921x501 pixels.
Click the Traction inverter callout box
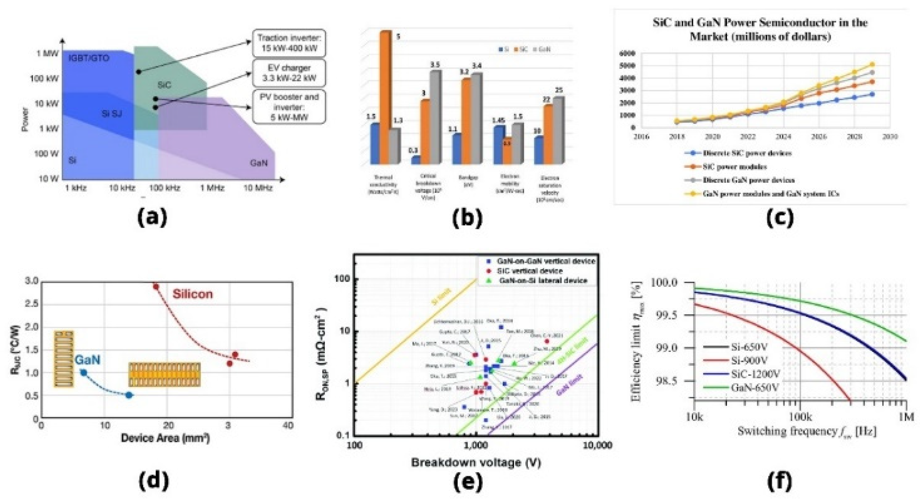tap(289, 43)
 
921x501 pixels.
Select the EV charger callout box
tap(289, 73)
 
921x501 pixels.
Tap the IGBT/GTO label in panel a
tap(89, 58)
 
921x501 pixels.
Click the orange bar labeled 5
tap(385, 96)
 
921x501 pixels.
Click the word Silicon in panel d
tap(193, 294)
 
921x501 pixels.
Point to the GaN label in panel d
tap(88, 359)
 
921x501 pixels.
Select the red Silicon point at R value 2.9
tap(156, 286)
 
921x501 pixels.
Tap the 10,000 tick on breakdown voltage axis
tap(598, 445)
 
